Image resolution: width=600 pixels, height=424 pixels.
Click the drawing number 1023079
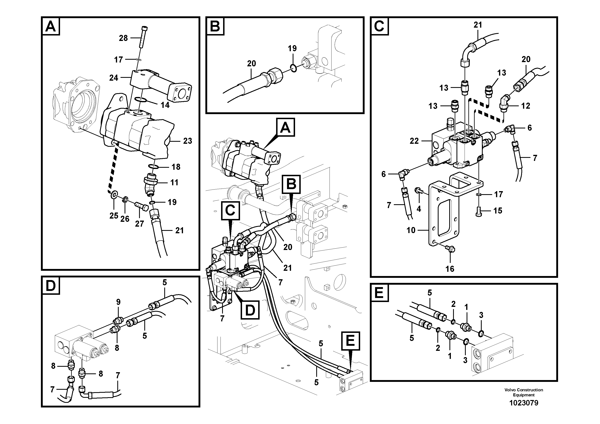(x=523, y=403)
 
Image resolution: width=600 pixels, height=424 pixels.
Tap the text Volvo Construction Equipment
(x=523, y=392)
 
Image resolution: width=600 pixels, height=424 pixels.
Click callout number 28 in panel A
(x=123, y=38)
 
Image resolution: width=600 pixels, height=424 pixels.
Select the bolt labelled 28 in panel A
(x=144, y=37)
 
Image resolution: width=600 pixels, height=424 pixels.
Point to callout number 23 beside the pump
(x=187, y=141)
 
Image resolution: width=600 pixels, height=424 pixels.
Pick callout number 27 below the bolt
(x=139, y=224)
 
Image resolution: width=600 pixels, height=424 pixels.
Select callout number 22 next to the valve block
(x=414, y=141)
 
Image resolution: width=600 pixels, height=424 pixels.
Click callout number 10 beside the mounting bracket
(x=411, y=230)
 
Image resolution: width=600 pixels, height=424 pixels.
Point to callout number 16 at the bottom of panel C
(x=450, y=269)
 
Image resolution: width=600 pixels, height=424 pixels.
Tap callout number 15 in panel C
(x=498, y=210)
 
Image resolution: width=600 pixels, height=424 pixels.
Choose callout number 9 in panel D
(x=118, y=302)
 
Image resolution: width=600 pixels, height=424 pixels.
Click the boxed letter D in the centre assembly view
(x=250, y=310)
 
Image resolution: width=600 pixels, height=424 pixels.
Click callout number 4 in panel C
(x=419, y=209)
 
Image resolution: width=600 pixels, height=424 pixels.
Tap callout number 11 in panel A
(x=174, y=182)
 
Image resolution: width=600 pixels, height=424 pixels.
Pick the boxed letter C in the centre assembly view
(x=230, y=210)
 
